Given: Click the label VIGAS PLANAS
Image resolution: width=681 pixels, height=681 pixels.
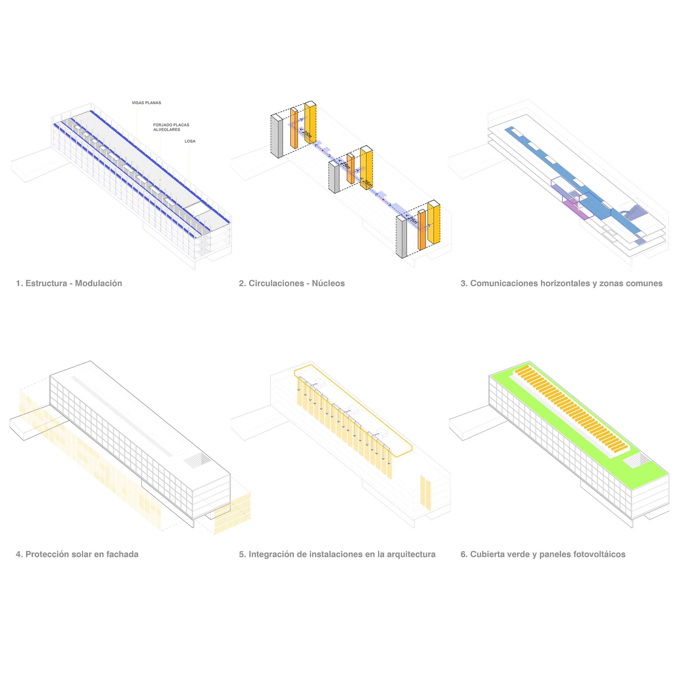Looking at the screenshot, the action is pyautogui.click(x=146, y=103).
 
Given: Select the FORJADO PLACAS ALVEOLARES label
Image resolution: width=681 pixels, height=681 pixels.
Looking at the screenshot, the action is pyautogui.click(x=171, y=127).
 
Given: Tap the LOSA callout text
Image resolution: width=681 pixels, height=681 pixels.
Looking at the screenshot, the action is pyautogui.click(x=190, y=141).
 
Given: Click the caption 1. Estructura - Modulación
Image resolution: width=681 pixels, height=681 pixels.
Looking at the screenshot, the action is pyautogui.click(x=69, y=283).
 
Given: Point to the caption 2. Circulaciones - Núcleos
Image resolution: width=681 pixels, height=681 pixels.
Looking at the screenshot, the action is pyautogui.click(x=292, y=283).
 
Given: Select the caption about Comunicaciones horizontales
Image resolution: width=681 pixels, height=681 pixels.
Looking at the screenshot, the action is pyautogui.click(x=562, y=283).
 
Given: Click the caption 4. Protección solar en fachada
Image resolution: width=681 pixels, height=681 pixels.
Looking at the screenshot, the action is pyautogui.click(x=77, y=554).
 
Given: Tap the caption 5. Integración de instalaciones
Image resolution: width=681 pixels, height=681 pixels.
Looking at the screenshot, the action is pyautogui.click(x=337, y=554).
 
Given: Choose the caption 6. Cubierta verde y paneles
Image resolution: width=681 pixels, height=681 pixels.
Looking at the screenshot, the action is pyautogui.click(x=543, y=554).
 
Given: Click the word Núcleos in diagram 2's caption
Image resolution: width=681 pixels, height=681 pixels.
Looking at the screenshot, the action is pyautogui.click(x=329, y=283).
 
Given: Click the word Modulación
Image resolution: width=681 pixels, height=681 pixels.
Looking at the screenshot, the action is pyautogui.click(x=99, y=283).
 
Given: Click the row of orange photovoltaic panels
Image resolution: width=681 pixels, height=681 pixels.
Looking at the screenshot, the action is pyautogui.click(x=571, y=409).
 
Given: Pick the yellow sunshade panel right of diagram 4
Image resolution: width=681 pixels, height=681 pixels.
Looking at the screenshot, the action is pyautogui.click(x=233, y=513).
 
